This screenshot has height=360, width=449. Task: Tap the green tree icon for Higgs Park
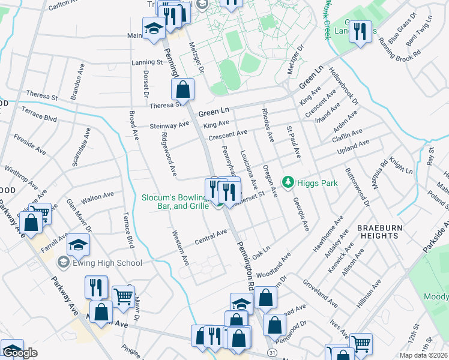(289, 181)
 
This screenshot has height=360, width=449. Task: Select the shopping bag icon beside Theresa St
(183, 90)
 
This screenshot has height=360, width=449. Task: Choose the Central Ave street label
(211, 236)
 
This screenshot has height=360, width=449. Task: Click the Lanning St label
(147, 62)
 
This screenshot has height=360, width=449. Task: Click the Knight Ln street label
(400, 166)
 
